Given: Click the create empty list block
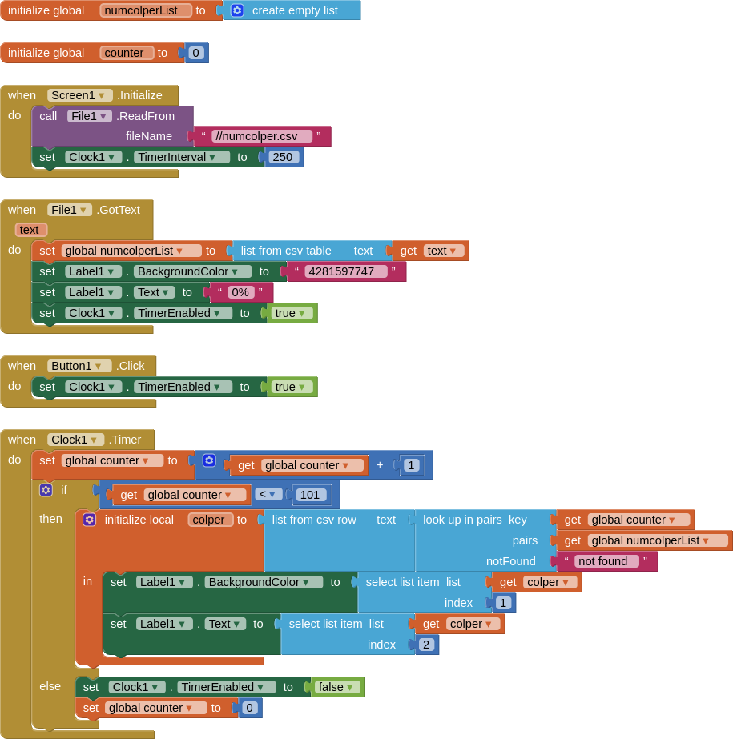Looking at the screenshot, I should click(294, 10).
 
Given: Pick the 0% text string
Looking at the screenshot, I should click(241, 292).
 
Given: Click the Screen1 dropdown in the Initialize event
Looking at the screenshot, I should click(79, 95).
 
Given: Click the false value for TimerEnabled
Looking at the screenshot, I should click(336, 687).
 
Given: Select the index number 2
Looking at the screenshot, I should click(426, 645).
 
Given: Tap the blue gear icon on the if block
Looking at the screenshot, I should click(46, 489).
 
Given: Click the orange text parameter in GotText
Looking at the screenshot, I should click(30, 230).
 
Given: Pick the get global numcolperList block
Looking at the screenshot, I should click(645, 540).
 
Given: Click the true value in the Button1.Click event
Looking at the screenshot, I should click(291, 387).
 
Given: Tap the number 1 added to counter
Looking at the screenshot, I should click(412, 465).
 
